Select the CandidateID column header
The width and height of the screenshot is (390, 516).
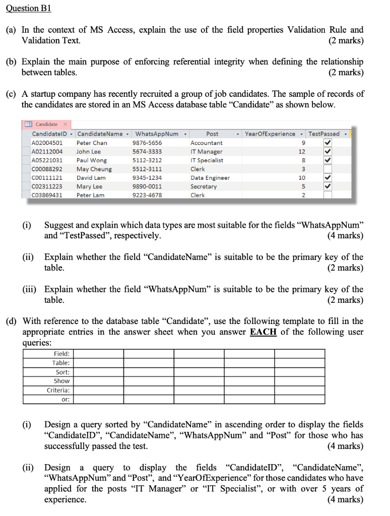point(50,134)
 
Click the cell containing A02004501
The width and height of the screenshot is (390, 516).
point(47,143)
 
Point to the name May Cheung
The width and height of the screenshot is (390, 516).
point(94,169)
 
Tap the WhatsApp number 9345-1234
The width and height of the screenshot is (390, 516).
point(147,178)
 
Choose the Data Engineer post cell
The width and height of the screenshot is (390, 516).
point(210,178)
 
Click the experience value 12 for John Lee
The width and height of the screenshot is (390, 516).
point(301,152)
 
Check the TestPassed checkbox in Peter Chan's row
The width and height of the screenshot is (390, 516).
point(328,143)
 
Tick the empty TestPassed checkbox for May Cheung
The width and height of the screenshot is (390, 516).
point(328,169)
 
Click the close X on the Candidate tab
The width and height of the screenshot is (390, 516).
point(66,124)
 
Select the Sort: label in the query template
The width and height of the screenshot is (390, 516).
point(62,372)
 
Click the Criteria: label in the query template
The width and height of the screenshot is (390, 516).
point(58,390)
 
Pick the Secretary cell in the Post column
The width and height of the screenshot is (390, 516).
point(204,186)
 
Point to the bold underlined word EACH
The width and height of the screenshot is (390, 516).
point(263,332)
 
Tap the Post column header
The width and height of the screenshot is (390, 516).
point(213,134)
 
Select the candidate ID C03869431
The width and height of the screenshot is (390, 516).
point(47,195)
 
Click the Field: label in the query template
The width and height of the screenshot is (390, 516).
point(61,354)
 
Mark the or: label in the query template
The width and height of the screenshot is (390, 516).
point(66,399)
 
